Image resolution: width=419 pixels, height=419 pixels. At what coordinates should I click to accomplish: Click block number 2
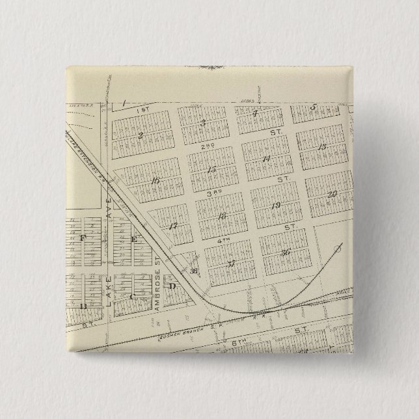pos(141,135)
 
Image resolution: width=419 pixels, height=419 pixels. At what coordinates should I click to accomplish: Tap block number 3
pos(203,122)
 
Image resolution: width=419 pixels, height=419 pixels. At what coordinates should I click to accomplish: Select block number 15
pos(211,170)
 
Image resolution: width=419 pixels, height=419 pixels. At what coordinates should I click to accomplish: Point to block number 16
pos(155,181)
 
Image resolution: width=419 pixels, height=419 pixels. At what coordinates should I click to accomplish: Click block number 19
pos(275,206)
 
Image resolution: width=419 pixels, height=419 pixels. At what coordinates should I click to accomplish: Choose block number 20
pos(332,193)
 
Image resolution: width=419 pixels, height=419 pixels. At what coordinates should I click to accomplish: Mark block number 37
pos(231,264)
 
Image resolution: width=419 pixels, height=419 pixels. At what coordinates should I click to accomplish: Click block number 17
pos(173,226)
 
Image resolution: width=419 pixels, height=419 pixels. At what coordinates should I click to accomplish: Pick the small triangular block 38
pos(193,271)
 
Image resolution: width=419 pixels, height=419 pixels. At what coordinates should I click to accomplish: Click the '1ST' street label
pos(144,110)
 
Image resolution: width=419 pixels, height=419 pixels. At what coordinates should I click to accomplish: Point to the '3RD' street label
pos(219,193)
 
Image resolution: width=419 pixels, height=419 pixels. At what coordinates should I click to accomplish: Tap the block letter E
pos(135,239)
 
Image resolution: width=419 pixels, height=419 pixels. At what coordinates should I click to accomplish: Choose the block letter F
pos(83,238)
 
